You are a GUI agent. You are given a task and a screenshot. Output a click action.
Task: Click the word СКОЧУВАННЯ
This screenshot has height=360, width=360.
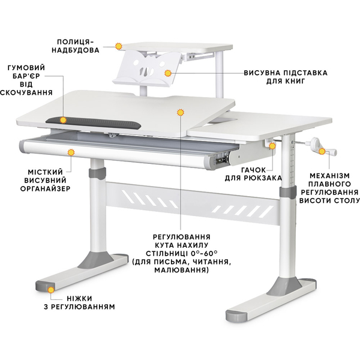(27, 93)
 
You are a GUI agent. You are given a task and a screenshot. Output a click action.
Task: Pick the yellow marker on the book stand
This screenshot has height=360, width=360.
(169, 73)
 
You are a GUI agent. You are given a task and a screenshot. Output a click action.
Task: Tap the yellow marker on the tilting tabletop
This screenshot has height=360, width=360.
(181, 112)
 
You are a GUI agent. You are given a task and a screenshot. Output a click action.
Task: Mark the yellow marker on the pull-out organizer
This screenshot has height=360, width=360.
(71, 152)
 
